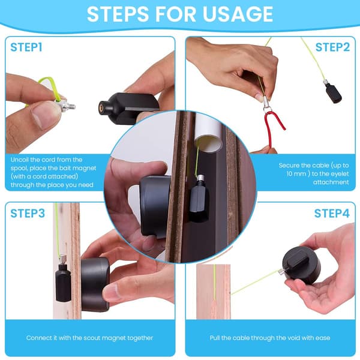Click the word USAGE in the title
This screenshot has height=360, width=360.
pyautogui.click(x=238, y=14)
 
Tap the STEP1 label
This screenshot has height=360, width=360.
pyautogui.click(x=26, y=47)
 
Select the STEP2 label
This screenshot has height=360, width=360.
pyautogui.click(x=332, y=47)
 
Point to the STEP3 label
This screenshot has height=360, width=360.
pyautogui.click(x=28, y=213)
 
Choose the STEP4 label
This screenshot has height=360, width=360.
pyautogui.click(x=332, y=213)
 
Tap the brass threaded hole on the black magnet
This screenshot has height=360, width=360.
pyautogui.click(x=101, y=107)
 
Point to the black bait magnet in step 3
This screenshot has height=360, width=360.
pyautogui.click(x=62, y=282)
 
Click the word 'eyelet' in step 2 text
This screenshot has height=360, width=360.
pyautogui.click(x=337, y=174)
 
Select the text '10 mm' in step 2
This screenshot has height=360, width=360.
pyautogui.click(x=296, y=174)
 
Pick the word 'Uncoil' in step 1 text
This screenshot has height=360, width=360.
pyautogui.click(x=19, y=160)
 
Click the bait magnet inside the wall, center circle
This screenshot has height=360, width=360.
pyautogui.click(x=199, y=199)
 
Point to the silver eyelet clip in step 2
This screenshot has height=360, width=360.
pyautogui.click(x=267, y=104)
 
